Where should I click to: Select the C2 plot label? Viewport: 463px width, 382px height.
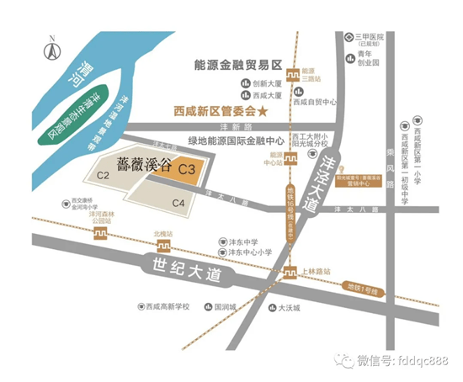(x=104, y=175)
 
